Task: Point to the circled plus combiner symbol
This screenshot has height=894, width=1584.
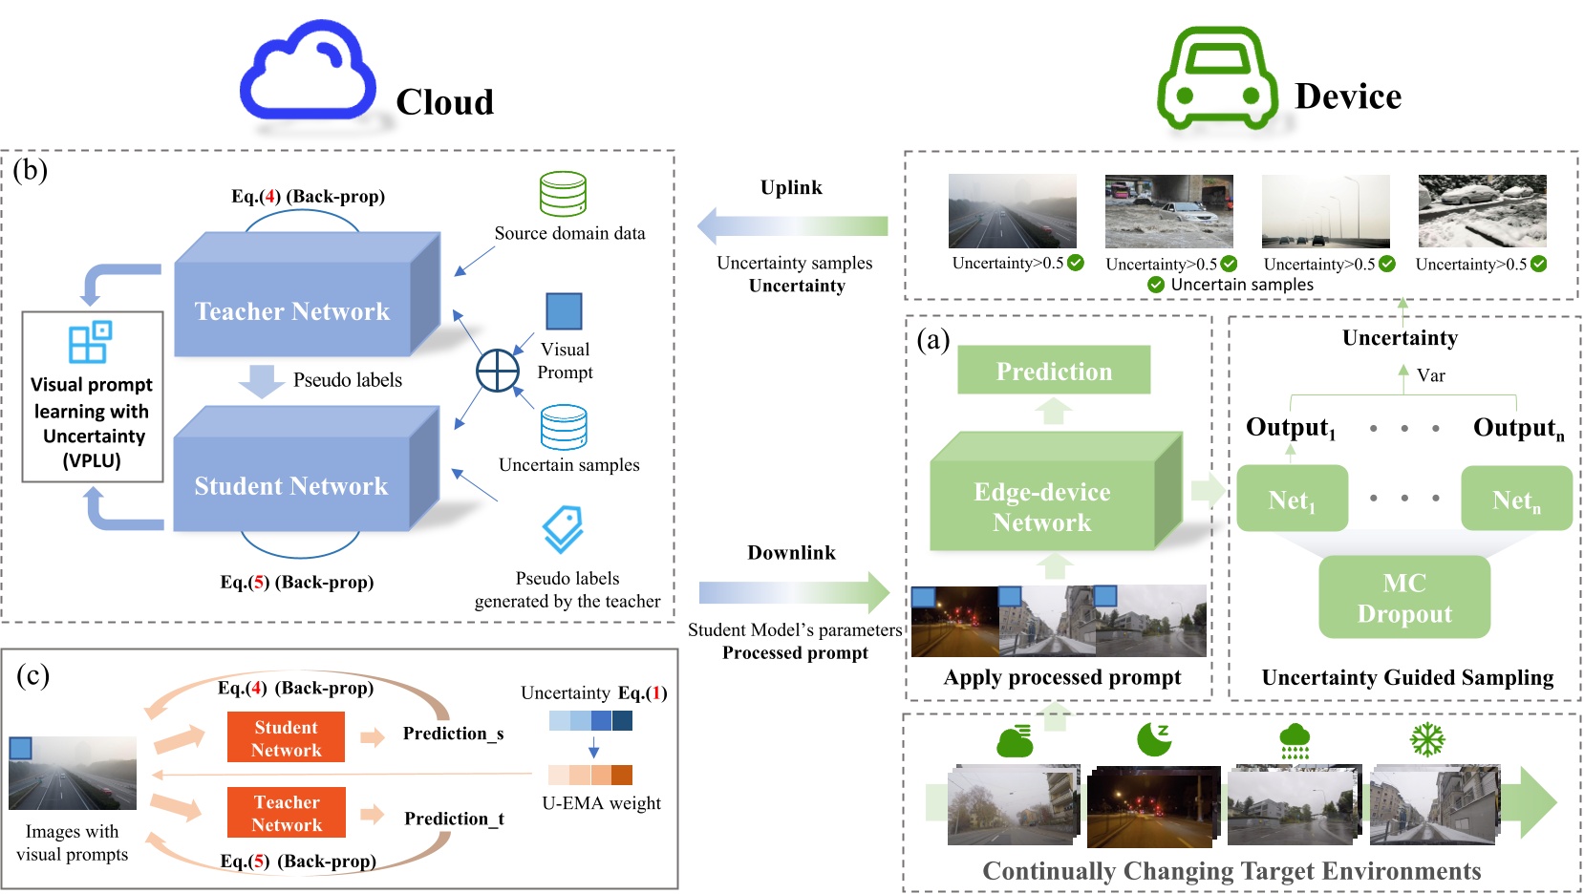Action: pyautogui.click(x=498, y=371)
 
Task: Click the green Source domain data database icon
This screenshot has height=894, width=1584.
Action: pyautogui.click(x=563, y=194)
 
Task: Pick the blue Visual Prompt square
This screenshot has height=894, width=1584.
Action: pyautogui.click(x=564, y=311)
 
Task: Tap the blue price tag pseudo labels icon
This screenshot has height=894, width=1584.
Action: pyautogui.click(x=564, y=528)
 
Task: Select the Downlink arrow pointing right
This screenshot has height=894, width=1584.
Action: pyautogui.click(x=793, y=593)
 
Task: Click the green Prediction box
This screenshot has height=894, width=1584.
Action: pyautogui.click(x=1054, y=371)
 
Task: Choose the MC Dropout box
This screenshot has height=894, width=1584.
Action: pyautogui.click(x=1403, y=598)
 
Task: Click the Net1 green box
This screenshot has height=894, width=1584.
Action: pyautogui.click(x=1292, y=499)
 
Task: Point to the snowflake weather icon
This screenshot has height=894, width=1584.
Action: pyautogui.click(x=1427, y=738)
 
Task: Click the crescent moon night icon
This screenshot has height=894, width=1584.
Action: pyautogui.click(x=1154, y=738)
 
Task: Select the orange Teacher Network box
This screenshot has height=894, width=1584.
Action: pyautogui.click(x=287, y=813)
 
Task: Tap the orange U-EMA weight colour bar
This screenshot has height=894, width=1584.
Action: pyautogui.click(x=590, y=775)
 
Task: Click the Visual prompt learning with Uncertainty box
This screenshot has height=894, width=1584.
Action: pyautogui.click(x=92, y=397)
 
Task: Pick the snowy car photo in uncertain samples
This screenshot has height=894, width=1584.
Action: pyautogui.click(x=1482, y=211)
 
